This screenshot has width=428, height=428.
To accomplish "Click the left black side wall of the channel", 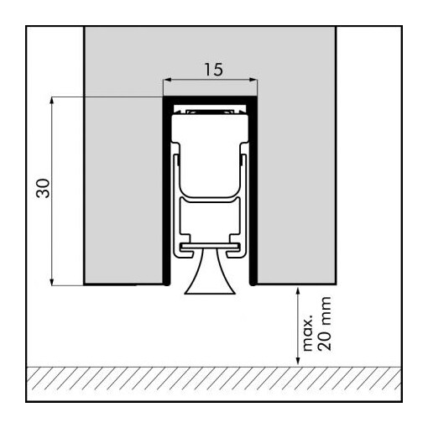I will click(165, 193).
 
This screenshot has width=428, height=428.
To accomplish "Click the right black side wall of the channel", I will click(255, 193).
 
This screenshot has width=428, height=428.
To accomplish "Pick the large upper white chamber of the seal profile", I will click(210, 134).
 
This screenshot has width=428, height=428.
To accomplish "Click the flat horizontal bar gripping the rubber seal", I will click(210, 248).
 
